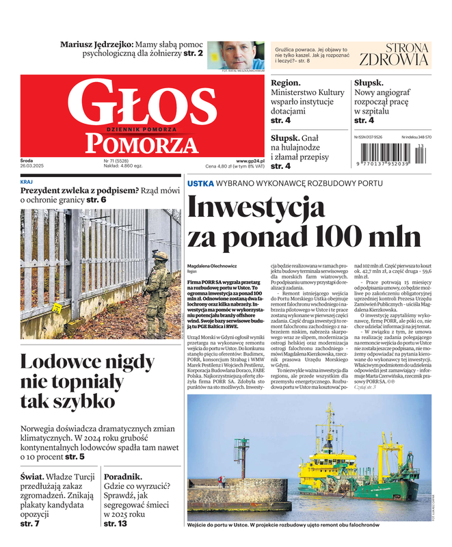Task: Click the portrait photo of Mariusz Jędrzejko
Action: pos(236,55)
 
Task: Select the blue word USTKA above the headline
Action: pos(200,184)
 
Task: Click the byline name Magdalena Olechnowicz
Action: pos(211,265)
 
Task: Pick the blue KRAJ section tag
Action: pos(27,181)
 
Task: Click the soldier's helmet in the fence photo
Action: pos(160,255)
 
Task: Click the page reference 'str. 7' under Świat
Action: pos(30,523)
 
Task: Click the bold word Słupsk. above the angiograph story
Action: pos(369,83)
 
